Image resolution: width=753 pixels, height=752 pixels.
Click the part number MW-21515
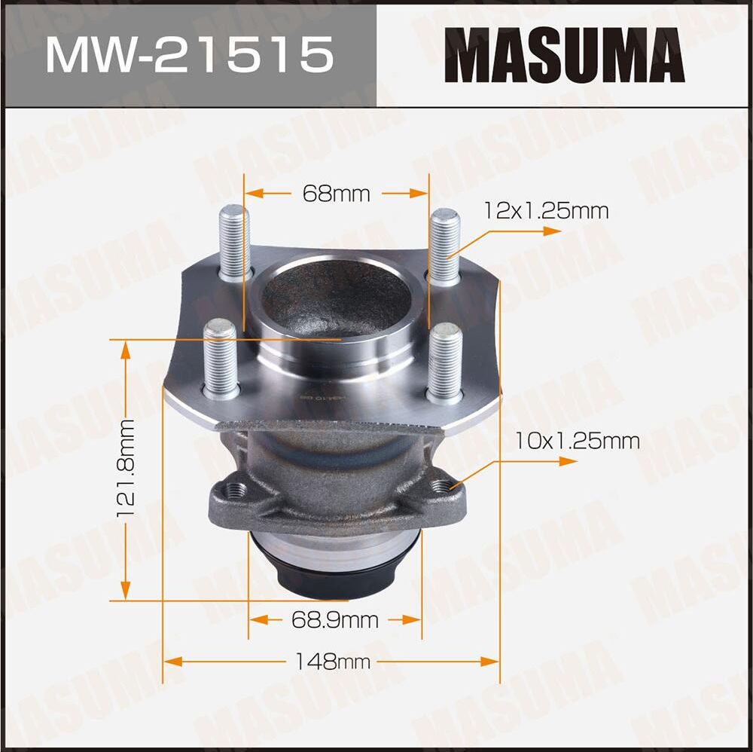pos(188,54)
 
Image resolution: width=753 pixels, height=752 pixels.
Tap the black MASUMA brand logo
pos(564,54)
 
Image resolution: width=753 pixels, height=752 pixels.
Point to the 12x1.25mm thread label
pos(547,211)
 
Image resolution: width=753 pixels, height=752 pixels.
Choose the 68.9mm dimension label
pos(334,620)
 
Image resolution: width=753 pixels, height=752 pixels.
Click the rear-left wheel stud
pos(235,243)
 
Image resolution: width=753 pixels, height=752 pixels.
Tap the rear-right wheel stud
pos(444,246)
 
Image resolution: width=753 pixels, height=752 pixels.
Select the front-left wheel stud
pos(221,358)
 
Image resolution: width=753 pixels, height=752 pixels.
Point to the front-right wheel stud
pos(445,361)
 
